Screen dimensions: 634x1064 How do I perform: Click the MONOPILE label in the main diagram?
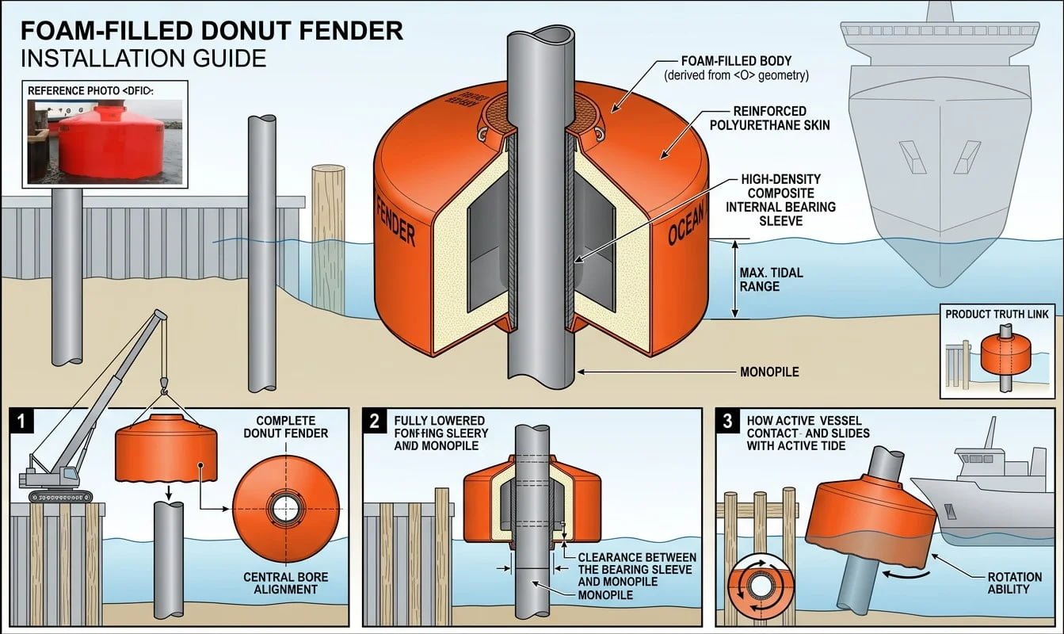click(769, 371)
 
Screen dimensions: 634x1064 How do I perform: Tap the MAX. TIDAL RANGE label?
click(771, 279)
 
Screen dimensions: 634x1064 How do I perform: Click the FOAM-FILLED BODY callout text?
click(736, 68)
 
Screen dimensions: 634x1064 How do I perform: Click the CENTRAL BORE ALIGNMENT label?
click(285, 582)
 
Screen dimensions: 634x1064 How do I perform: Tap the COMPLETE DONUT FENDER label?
click(285, 426)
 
